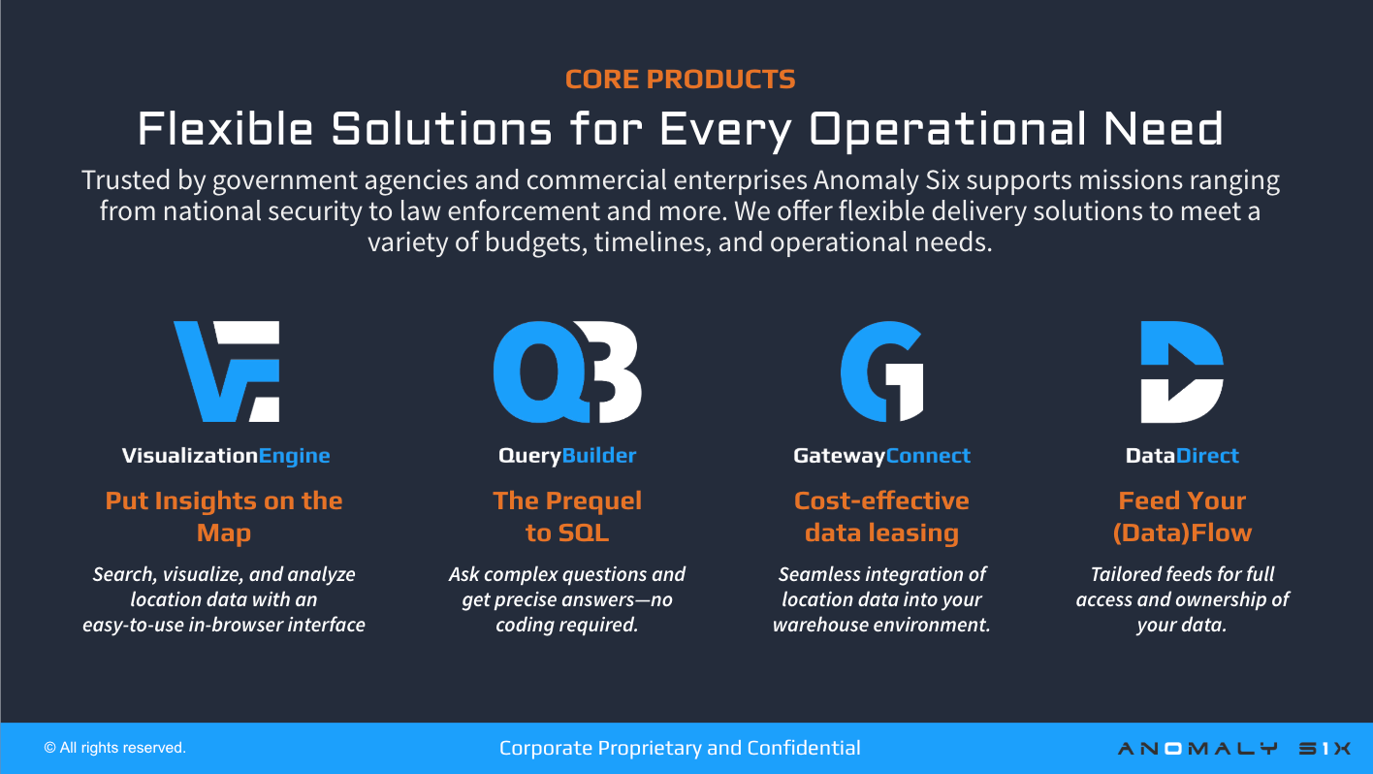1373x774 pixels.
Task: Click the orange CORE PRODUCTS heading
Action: tap(681, 80)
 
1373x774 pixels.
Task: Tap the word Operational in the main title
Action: tap(947, 129)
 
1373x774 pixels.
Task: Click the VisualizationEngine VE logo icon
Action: tap(227, 371)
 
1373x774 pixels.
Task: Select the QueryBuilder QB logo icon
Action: tap(567, 371)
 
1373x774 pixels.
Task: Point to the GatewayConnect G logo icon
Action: tap(882, 371)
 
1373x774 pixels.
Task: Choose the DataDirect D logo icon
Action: tap(1182, 371)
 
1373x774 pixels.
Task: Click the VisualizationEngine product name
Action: tap(226, 456)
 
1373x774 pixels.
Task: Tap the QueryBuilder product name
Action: tap(567, 456)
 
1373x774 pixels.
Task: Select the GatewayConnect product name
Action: tap(881, 456)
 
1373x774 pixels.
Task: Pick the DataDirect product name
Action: tap(1182, 456)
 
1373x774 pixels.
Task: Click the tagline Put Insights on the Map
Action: tap(224, 516)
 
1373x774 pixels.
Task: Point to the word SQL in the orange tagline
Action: tap(584, 532)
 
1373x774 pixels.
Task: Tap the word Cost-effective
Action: tap(881, 500)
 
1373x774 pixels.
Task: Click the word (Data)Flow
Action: tap(1182, 532)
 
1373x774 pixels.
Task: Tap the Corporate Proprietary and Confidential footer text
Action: tap(680, 748)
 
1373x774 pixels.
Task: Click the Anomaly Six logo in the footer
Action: tap(1234, 748)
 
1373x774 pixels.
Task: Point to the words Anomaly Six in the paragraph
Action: tap(887, 180)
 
